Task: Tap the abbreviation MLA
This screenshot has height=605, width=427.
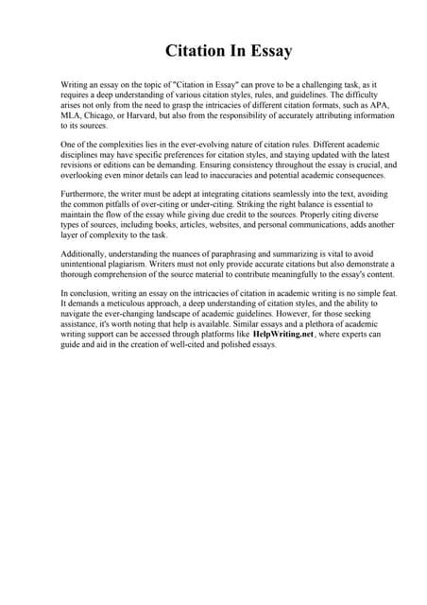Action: pos(72,115)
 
